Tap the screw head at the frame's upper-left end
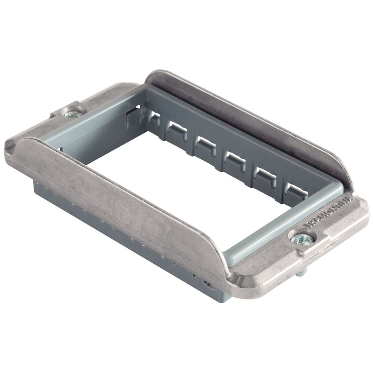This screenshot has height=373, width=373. pos(71,113)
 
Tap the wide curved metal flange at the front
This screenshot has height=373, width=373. pos(123,194)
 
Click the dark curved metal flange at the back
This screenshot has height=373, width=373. pos(254,123)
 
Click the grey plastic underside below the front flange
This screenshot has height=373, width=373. pos(112,228)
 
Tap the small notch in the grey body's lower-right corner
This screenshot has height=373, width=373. pos(209,285)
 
